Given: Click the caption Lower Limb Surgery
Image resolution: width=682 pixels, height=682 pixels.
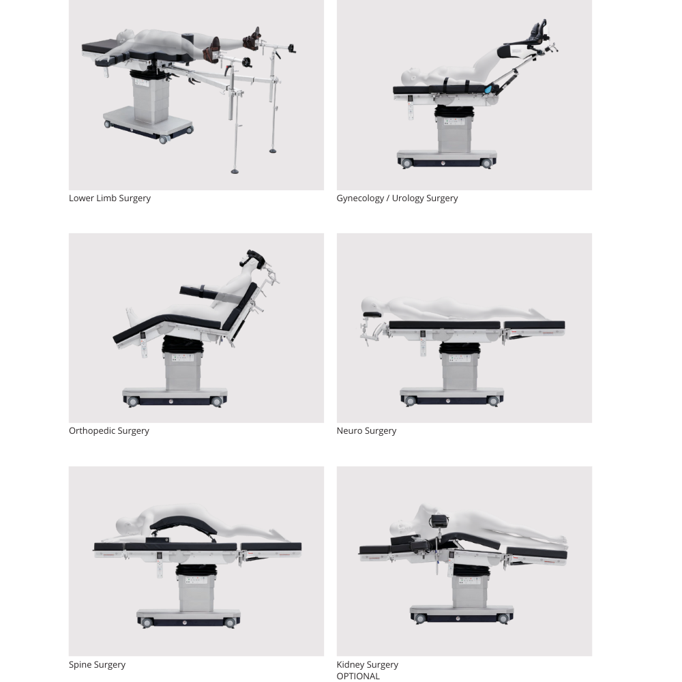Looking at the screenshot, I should [x=110, y=198].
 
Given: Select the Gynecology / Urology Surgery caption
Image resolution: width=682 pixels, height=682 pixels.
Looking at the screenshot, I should [x=397, y=198].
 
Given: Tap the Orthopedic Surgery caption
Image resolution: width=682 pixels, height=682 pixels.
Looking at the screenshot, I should [x=109, y=430].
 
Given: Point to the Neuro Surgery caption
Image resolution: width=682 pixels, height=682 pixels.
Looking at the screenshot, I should [x=366, y=430].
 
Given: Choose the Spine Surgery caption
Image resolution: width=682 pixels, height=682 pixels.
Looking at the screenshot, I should [x=97, y=664].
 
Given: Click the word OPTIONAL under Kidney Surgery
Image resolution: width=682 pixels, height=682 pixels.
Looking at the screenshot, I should [x=358, y=676].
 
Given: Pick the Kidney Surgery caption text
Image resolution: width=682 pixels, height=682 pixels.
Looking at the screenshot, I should [x=367, y=664].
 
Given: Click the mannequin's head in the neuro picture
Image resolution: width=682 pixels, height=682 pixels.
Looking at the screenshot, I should [x=372, y=305].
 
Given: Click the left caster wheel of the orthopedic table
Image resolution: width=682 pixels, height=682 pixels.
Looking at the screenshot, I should [x=133, y=402].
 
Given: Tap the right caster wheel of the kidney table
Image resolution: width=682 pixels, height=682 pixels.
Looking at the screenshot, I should [x=503, y=619].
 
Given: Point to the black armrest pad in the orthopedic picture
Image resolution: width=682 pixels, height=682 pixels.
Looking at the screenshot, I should [x=198, y=292].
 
